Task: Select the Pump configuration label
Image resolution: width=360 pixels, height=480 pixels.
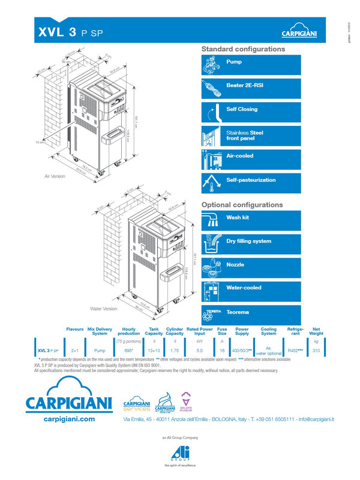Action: [234, 62]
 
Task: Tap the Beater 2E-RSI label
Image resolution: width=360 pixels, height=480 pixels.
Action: [244, 86]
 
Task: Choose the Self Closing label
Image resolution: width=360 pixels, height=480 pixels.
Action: [242, 109]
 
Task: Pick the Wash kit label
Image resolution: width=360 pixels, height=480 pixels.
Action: [238, 218]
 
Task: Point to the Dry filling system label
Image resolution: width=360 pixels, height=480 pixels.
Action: [248, 241]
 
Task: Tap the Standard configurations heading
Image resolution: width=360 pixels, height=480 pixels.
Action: [243, 49]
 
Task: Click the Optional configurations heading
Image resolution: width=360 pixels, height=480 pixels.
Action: [242, 205]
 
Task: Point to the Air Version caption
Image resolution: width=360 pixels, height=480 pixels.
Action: [55, 177]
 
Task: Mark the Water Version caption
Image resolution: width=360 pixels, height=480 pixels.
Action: [103, 309]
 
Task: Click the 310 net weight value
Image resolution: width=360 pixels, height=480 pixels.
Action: [316, 350]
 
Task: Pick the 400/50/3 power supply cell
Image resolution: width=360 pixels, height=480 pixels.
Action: [242, 350]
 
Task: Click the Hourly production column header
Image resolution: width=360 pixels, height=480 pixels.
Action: [128, 331]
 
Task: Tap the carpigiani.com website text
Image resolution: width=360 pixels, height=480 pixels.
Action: [70, 419]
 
